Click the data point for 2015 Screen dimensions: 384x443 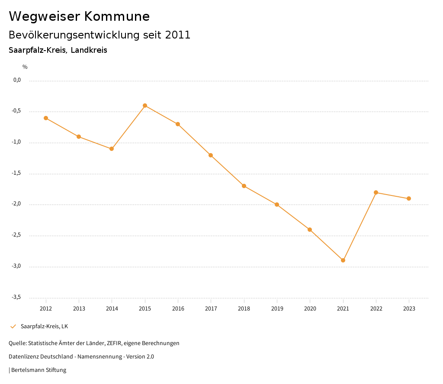(x=145, y=106)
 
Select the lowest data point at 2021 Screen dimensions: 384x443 (x=343, y=260)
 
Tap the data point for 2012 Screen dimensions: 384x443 (x=46, y=118)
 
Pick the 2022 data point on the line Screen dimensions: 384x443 (x=376, y=192)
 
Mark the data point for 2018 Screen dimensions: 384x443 (x=244, y=186)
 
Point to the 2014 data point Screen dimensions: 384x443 (x=112, y=149)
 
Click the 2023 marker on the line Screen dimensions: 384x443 (x=409, y=198)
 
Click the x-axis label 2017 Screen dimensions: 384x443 (x=211, y=309)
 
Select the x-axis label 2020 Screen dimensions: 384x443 (x=310, y=309)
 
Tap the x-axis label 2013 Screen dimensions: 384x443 (x=79, y=309)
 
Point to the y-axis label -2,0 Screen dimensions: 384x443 (x=17, y=204)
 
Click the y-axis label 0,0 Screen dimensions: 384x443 (x=17, y=80)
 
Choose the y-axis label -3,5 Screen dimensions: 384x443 (x=17, y=297)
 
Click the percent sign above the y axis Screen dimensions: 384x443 (x=25, y=67)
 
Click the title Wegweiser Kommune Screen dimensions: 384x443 (x=79, y=16)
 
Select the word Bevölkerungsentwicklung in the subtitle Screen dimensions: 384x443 (x=69, y=35)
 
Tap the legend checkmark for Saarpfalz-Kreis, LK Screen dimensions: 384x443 (x=13, y=326)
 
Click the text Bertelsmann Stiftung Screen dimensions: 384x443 (x=39, y=370)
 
